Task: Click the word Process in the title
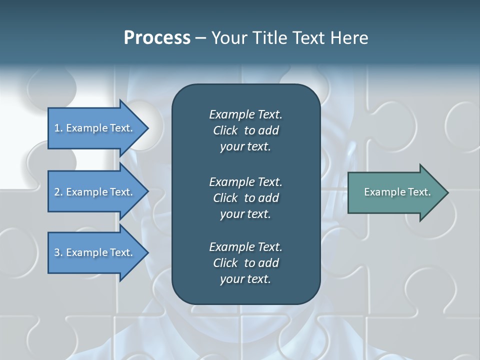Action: (157, 38)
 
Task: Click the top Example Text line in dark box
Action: (245, 114)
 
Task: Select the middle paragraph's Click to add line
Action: (245, 198)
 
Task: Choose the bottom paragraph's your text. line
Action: (245, 279)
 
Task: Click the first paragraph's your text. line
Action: (245, 147)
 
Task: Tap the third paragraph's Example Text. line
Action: (245, 247)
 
